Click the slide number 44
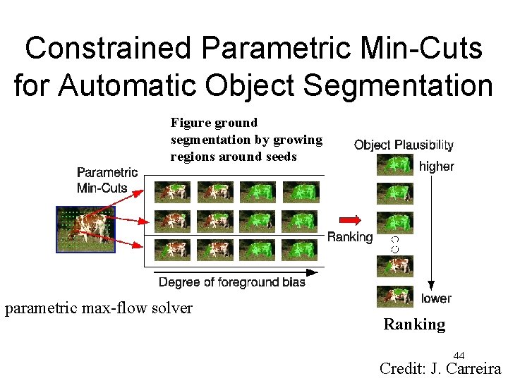(459, 355)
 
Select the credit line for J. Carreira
(440, 368)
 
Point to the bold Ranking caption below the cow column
(414, 325)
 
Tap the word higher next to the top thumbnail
(437, 167)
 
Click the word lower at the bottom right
(436, 298)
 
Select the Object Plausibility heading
(404, 145)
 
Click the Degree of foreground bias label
(232, 282)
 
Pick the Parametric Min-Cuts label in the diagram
(107, 179)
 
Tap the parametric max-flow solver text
(99, 308)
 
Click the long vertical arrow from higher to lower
(430, 233)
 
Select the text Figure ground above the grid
(214, 123)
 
